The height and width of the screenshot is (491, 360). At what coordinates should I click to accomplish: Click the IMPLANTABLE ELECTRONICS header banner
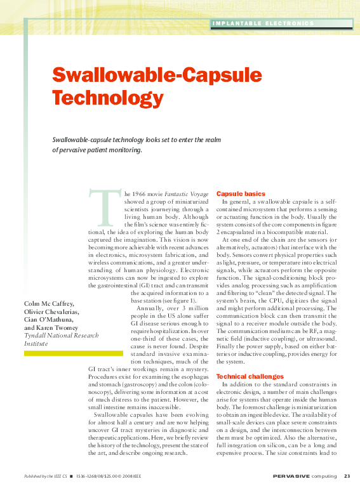(x=263, y=23)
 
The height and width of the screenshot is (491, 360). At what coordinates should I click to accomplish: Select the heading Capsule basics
(x=241, y=193)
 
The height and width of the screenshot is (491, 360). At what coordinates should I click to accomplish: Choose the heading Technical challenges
(x=250, y=376)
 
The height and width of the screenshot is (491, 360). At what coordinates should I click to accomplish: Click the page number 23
(x=347, y=476)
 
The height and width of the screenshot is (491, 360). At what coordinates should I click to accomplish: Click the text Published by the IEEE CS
(x=45, y=476)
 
